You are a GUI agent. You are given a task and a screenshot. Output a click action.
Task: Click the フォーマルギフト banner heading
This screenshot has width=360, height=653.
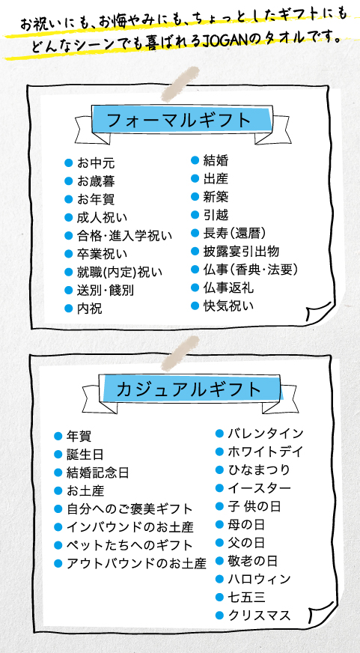[x=180, y=121]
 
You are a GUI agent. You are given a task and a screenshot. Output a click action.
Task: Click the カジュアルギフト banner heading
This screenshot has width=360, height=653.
[x=189, y=389]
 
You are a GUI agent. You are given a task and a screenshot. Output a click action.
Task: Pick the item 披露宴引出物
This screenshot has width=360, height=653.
[x=241, y=252]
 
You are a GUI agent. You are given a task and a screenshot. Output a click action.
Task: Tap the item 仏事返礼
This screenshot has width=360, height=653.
[x=228, y=288]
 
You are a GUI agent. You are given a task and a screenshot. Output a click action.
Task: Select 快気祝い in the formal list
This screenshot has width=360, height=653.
[x=228, y=306]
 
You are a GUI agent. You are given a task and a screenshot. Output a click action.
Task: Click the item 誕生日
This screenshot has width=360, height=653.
[x=85, y=455]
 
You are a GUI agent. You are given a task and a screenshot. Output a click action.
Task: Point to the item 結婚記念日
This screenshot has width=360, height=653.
[x=98, y=473]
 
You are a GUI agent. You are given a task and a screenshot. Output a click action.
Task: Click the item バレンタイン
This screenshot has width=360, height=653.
[x=266, y=434]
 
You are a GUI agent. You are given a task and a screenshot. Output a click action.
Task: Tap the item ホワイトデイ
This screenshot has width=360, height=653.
[x=266, y=452]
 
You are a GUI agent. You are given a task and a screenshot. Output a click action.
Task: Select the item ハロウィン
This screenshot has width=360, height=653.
[x=259, y=579]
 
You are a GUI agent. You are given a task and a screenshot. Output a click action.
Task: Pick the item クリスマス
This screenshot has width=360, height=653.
[x=259, y=616]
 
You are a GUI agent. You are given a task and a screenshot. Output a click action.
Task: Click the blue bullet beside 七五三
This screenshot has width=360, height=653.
[x=219, y=598]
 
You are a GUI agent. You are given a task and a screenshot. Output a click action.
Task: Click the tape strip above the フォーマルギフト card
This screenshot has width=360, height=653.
[x=180, y=85]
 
